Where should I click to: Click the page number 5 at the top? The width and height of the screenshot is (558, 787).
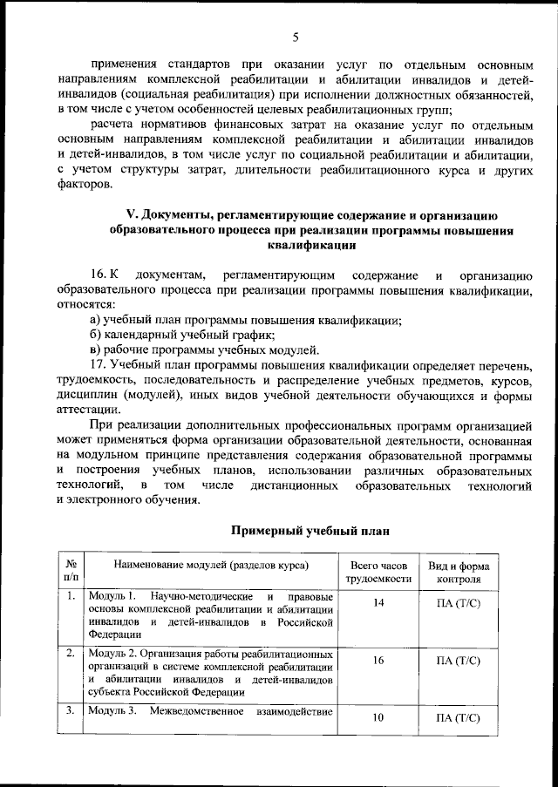tap(296, 37)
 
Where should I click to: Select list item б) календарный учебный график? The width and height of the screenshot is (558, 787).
tap(182, 335)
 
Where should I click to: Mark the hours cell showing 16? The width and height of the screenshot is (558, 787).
tap(378, 661)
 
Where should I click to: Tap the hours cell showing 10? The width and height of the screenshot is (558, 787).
tap(378, 718)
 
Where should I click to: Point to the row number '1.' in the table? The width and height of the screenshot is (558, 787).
tap(70, 596)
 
